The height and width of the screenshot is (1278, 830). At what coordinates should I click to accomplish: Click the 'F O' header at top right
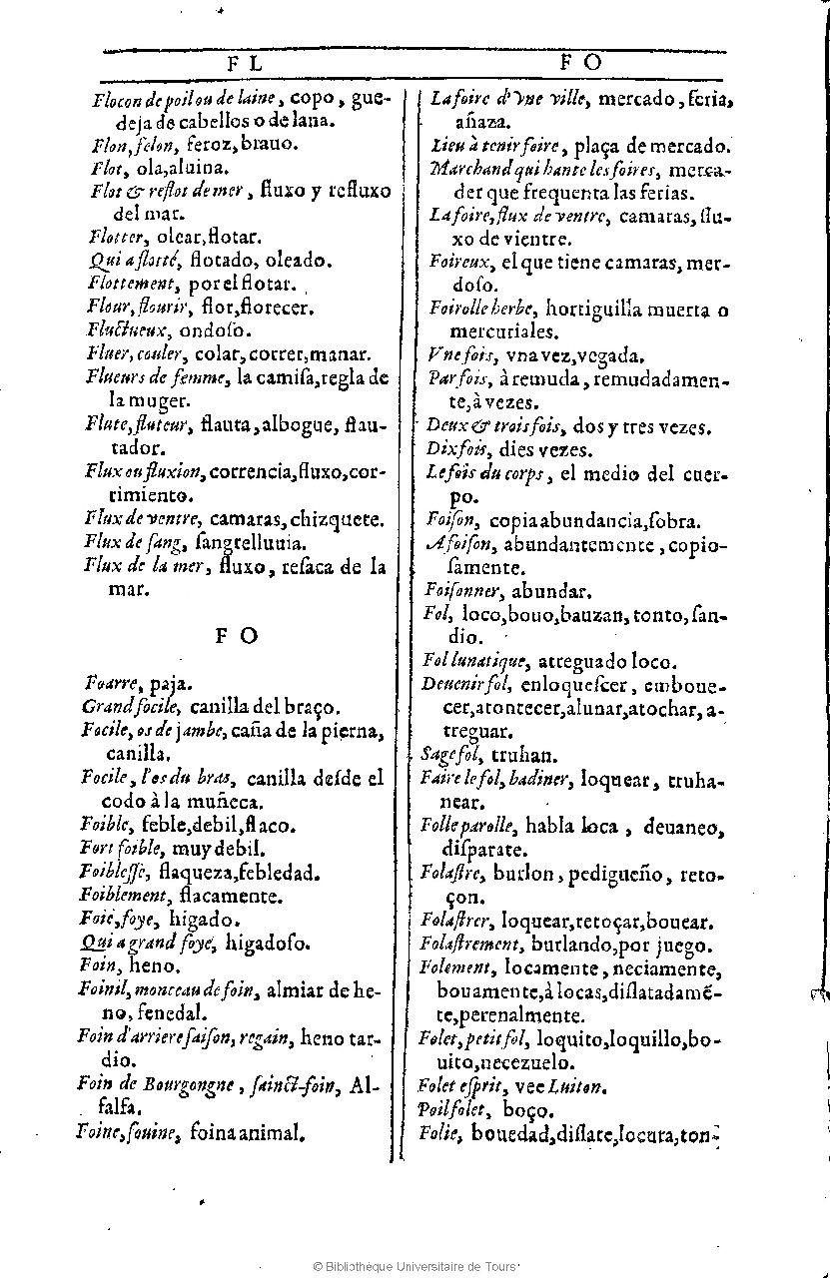[x=580, y=62]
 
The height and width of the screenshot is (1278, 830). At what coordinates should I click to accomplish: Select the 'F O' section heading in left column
[x=237, y=636]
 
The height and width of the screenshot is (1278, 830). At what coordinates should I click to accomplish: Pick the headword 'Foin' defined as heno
[x=100, y=964]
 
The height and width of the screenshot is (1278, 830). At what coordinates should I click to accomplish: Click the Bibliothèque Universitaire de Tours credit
[x=415, y=1266]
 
